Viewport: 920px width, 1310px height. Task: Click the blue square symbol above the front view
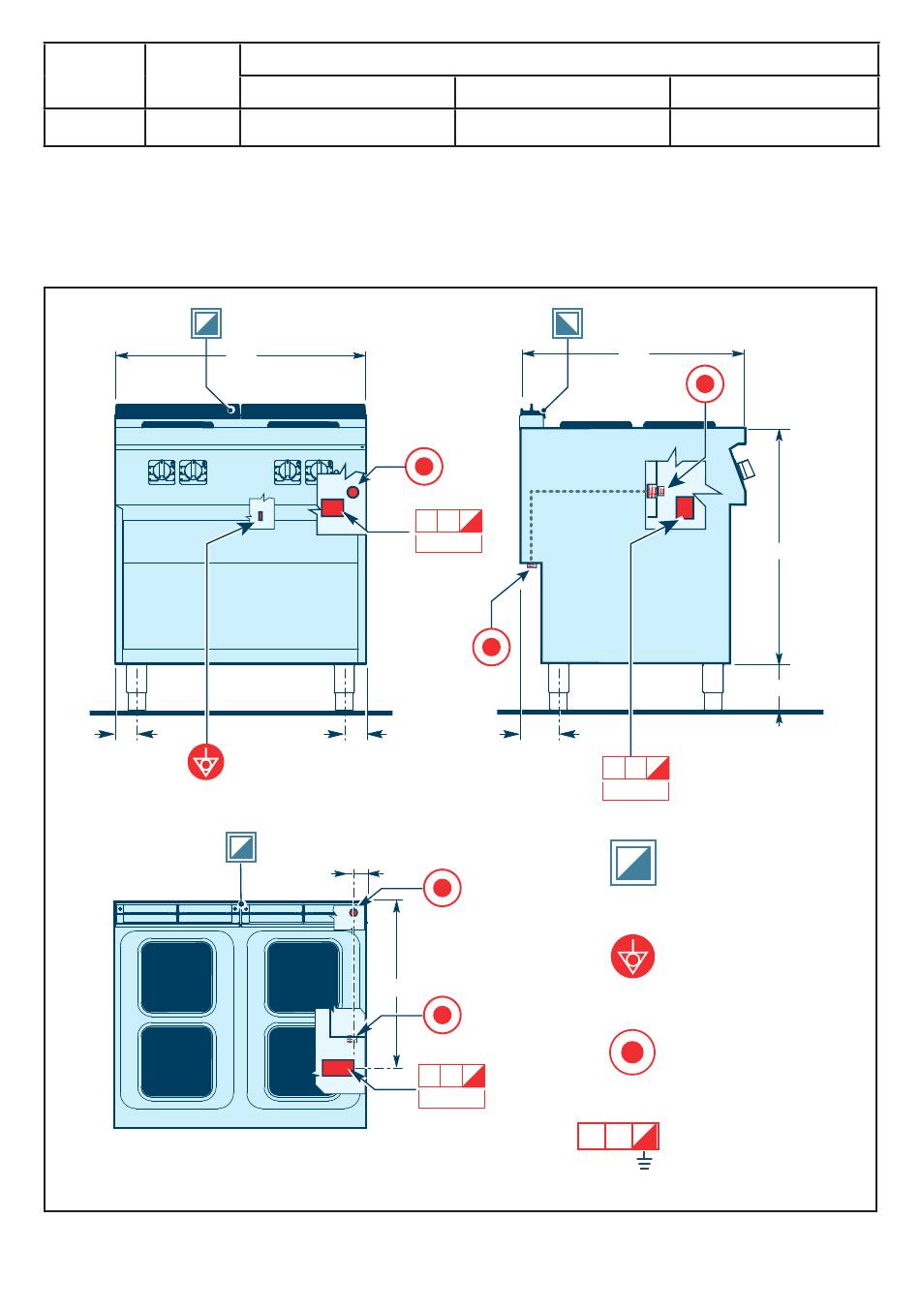pyautogui.click(x=206, y=323)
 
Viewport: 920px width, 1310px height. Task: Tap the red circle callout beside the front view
pyautogui.click(x=423, y=467)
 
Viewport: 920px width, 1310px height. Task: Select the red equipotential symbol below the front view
pyautogui.click(x=205, y=762)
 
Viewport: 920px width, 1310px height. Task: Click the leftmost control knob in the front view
pyautogui.click(x=162, y=472)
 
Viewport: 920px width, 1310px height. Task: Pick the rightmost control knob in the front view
pyautogui.click(x=317, y=472)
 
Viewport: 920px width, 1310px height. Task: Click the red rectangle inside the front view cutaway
pyautogui.click(x=333, y=508)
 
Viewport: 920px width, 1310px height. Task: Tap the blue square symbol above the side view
pyautogui.click(x=567, y=323)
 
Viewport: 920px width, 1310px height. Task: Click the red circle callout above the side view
pyautogui.click(x=705, y=384)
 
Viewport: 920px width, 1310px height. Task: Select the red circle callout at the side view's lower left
pyautogui.click(x=491, y=647)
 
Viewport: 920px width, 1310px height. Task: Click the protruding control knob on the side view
pyautogui.click(x=746, y=470)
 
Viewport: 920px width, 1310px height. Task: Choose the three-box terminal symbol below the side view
pyautogui.click(x=635, y=769)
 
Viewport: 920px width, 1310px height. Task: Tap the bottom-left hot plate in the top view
pyautogui.click(x=177, y=1061)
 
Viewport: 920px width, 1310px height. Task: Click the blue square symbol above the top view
pyautogui.click(x=241, y=847)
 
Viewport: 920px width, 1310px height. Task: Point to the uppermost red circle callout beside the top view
pyautogui.click(x=442, y=888)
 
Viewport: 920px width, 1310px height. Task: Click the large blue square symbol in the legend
pyautogui.click(x=633, y=862)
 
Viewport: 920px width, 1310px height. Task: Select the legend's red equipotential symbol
pyautogui.click(x=633, y=958)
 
